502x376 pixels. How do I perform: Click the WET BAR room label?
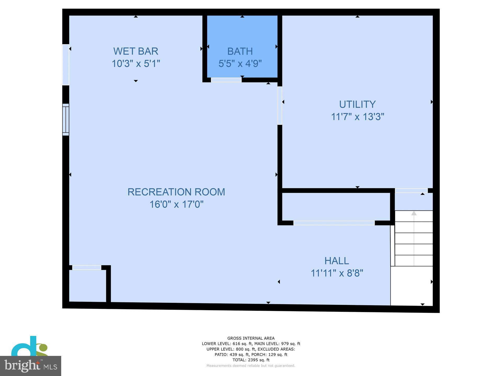136,51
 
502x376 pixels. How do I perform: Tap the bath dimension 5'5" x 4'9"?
240,63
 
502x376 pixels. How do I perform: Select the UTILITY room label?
357,104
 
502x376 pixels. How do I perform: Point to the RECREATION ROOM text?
176,192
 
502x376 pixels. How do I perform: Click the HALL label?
336,261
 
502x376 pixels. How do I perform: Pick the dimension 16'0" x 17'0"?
176,204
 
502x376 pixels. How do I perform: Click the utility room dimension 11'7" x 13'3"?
357,116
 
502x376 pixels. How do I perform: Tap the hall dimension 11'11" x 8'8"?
337,273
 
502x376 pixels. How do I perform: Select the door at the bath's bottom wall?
226,80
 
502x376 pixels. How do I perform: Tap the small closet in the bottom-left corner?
88,286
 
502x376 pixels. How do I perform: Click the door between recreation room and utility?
279,105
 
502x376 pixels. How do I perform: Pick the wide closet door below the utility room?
334,223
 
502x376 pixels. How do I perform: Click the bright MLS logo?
31,366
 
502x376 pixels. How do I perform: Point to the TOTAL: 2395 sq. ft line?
251,360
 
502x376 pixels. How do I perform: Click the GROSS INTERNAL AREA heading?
251,338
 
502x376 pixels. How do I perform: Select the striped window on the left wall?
66,120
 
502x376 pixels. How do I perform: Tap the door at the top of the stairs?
411,191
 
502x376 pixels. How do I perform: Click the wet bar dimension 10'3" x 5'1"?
136,63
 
